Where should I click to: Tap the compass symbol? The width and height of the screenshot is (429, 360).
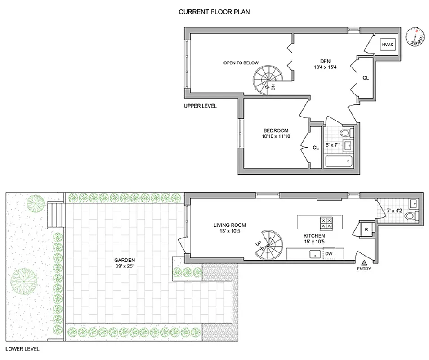click(414, 37)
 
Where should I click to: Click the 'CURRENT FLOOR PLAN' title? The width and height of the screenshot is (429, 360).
click(214, 12)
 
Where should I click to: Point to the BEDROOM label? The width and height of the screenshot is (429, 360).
click(276, 130)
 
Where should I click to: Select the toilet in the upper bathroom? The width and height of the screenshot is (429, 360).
click(345, 133)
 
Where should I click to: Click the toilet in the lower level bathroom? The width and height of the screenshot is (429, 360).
click(411, 216)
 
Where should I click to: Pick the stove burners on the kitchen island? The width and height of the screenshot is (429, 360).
click(326, 222)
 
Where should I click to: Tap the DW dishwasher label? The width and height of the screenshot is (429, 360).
click(329, 254)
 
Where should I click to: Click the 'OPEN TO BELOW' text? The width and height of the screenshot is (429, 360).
click(241, 63)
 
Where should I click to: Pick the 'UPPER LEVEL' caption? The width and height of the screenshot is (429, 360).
click(200, 106)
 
